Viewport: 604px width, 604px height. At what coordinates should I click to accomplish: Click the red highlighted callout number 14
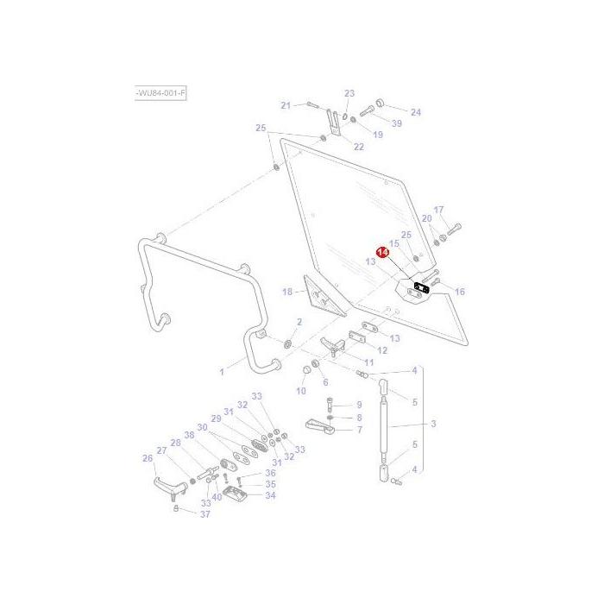point(383,251)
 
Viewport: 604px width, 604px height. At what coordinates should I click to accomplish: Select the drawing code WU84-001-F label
point(161,92)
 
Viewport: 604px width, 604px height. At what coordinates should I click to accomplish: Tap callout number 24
point(415,112)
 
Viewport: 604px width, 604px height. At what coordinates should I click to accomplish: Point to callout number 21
point(286,105)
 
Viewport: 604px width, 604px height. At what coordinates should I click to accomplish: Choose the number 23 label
point(349,93)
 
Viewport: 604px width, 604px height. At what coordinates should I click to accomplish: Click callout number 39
point(396,123)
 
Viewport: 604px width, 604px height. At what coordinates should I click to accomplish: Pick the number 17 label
point(438,210)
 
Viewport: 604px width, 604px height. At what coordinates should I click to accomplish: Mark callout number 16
point(459,292)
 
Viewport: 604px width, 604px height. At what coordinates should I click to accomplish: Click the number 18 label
point(288,293)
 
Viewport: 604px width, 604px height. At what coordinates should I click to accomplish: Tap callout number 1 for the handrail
point(221,372)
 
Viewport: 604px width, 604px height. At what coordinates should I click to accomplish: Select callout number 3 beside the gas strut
point(433,424)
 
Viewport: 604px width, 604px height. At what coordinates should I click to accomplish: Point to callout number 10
point(301,391)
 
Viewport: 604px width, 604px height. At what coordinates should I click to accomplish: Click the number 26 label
point(148,458)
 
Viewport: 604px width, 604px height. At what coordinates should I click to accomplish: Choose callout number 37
point(204,514)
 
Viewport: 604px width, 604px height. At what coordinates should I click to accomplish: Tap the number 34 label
point(270,495)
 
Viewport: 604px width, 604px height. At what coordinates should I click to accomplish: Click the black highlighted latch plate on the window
point(422,287)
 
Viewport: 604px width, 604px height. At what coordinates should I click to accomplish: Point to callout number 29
point(216,418)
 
